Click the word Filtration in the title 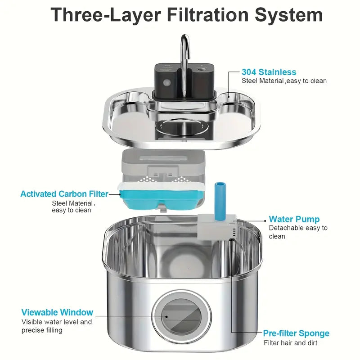coord(208,15)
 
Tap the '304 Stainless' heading coord(269,72)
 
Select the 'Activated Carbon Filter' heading coord(64,194)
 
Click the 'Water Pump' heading coord(294,219)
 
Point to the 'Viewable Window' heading coord(57,312)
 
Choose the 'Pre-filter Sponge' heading coord(296,333)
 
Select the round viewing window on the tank coord(181,316)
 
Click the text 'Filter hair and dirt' coord(290,343)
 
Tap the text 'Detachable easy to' coord(298,228)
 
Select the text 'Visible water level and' coord(57,322)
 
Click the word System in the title coord(288,15)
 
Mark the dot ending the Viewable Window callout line coord(166,317)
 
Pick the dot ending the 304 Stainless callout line coord(229,97)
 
